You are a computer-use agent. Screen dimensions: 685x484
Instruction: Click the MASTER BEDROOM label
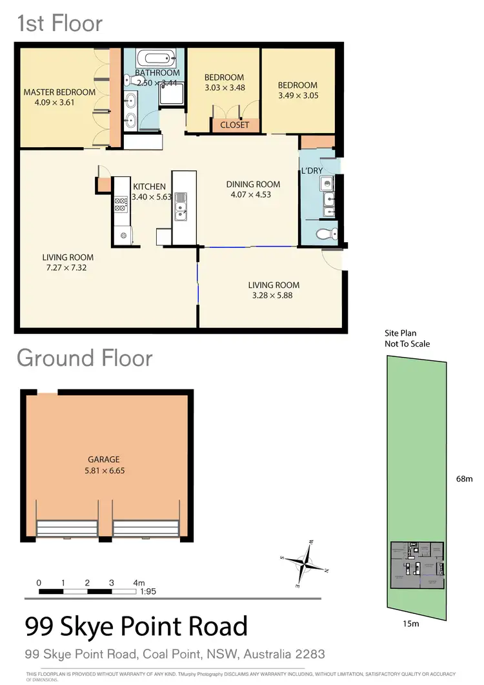click(59, 92)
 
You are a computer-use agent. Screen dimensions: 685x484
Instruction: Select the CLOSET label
click(234, 125)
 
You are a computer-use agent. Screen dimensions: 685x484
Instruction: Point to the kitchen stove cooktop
click(121, 205)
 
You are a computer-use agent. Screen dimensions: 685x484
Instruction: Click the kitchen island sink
click(180, 206)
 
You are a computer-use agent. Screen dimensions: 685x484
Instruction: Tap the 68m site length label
click(465, 479)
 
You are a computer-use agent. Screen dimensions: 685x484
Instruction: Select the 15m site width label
click(411, 624)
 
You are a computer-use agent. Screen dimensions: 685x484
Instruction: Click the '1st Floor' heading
click(59, 24)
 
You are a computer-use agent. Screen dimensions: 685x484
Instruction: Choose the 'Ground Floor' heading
click(85, 358)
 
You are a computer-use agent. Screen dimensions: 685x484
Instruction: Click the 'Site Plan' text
click(401, 333)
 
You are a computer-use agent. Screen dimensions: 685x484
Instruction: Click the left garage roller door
click(68, 529)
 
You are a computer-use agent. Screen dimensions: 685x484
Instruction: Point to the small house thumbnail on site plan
click(417, 565)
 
